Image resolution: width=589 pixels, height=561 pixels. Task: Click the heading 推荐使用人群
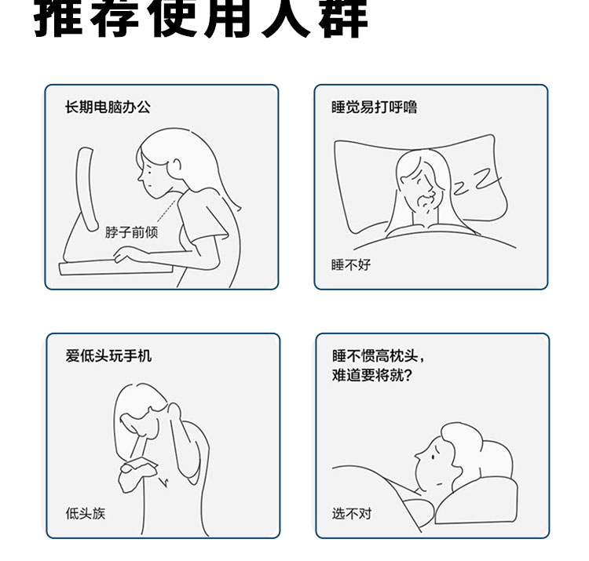[201, 19]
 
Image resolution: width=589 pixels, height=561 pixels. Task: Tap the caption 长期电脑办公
[108, 107]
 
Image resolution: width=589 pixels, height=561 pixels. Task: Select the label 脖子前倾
[131, 232]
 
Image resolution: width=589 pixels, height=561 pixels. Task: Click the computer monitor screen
[86, 189]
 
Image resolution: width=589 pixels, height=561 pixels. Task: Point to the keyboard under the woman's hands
[116, 267]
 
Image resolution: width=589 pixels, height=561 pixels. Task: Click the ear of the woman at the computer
[177, 165]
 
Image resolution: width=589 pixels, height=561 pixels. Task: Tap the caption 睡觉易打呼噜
[374, 107]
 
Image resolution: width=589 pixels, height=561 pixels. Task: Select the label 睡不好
[351, 265]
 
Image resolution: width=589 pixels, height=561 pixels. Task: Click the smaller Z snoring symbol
[461, 188]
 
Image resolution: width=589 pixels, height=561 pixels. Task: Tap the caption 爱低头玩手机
[108, 355]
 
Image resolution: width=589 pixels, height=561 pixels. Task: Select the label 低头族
[86, 513]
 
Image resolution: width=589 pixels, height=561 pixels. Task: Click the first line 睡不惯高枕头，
[378, 355]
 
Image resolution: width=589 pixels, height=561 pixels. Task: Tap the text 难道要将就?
[372, 375]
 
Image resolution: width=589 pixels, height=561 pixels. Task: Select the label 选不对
[352, 513]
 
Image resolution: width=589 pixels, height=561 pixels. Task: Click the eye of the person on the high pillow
[433, 457]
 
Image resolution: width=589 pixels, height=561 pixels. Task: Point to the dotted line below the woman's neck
[166, 212]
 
